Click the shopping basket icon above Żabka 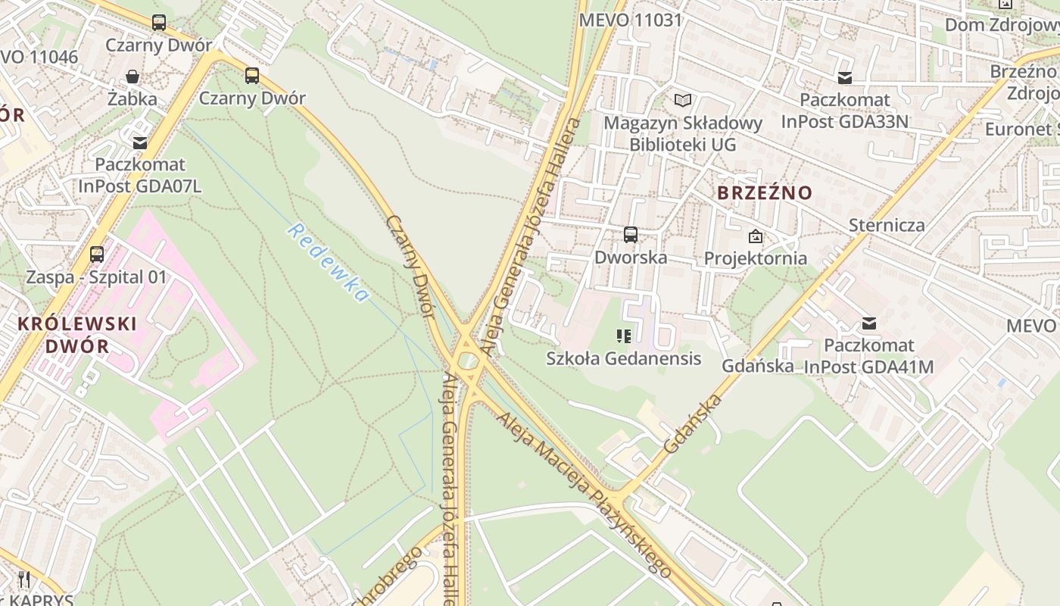click(x=132, y=77)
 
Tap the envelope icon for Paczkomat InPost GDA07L click(x=140, y=142)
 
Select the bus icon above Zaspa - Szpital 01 click(x=97, y=255)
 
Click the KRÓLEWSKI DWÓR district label click(x=76, y=335)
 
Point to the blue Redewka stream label click(x=328, y=262)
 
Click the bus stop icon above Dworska click(x=631, y=235)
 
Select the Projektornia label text click(x=755, y=258)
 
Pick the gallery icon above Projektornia click(x=755, y=236)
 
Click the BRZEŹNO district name click(x=764, y=193)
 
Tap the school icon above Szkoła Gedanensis click(x=624, y=336)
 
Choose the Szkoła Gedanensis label click(x=623, y=358)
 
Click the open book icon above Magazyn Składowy click(x=683, y=100)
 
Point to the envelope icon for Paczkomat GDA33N click(x=845, y=77)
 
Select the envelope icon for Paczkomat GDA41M click(x=869, y=323)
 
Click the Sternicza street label click(x=886, y=225)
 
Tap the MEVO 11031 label click(x=630, y=20)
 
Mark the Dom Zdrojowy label click(x=1000, y=24)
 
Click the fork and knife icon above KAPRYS click(x=24, y=579)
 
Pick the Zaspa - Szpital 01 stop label click(x=96, y=276)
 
